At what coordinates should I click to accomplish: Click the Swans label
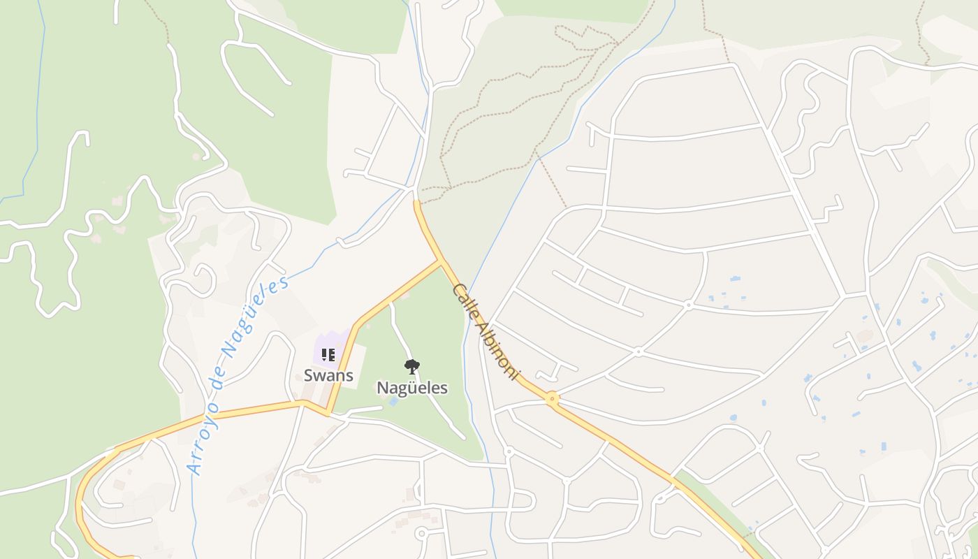coord(328,375)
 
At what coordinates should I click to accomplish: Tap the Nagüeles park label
coord(412,387)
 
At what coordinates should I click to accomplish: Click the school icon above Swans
coord(328,355)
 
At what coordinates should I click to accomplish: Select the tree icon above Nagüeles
coord(412,365)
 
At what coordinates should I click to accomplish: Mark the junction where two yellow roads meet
coord(440,262)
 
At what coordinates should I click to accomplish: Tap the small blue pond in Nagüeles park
coord(393,402)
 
